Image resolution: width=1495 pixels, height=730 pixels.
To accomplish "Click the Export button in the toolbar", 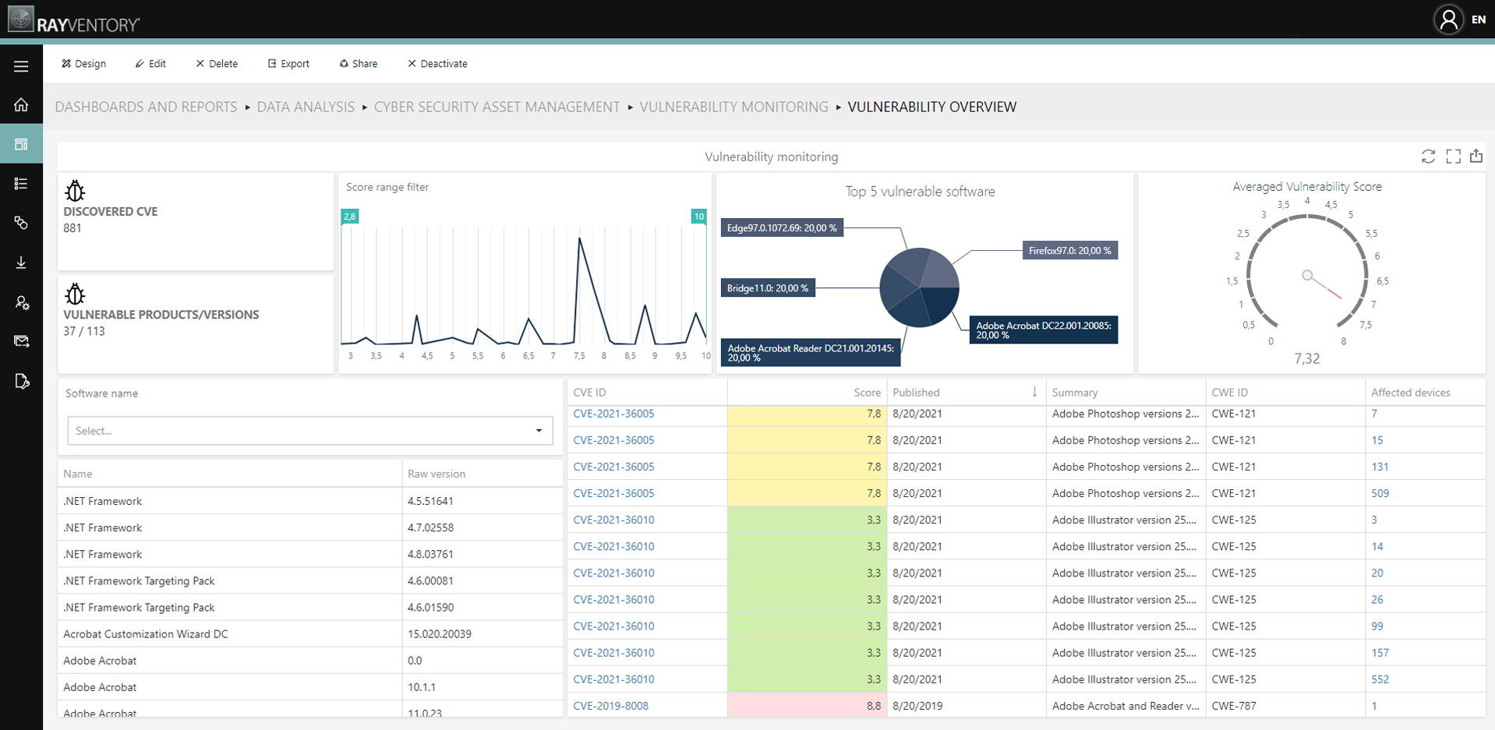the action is tap(288, 64).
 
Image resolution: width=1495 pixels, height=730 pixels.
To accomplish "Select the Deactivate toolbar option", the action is tap(437, 64).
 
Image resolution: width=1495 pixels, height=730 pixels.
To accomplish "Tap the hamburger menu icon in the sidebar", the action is tap(21, 66).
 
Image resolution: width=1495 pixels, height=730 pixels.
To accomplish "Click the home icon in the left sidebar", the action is tap(21, 104).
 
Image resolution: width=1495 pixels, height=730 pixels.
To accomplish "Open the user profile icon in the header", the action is tap(1448, 19).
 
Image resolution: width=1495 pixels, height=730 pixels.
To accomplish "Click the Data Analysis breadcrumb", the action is tap(306, 107).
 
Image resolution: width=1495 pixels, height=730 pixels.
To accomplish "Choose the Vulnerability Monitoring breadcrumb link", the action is tap(733, 107).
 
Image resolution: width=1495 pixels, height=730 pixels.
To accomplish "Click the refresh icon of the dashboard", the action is tap(1428, 157).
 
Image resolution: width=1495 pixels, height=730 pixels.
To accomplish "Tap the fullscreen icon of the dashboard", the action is tap(1453, 157).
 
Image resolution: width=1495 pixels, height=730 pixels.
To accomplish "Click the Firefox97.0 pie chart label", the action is tap(1069, 251).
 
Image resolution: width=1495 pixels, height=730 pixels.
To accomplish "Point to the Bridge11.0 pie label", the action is tap(768, 288).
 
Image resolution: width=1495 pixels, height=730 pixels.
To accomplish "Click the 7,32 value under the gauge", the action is tap(1307, 358).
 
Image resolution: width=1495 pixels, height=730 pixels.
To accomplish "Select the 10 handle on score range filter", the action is tap(698, 217).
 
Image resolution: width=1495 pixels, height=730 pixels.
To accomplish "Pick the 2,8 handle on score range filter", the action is tap(350, 217).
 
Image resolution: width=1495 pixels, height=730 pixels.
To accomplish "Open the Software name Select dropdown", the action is tap(310, 431).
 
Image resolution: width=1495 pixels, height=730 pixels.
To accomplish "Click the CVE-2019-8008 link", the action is tap(610, 706).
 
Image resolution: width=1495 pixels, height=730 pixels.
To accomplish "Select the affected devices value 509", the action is tap(1380, 493).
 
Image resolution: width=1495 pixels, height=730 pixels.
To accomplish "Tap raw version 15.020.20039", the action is tap(439, 634).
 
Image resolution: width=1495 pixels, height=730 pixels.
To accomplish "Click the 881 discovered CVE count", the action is tap(72, 228).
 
